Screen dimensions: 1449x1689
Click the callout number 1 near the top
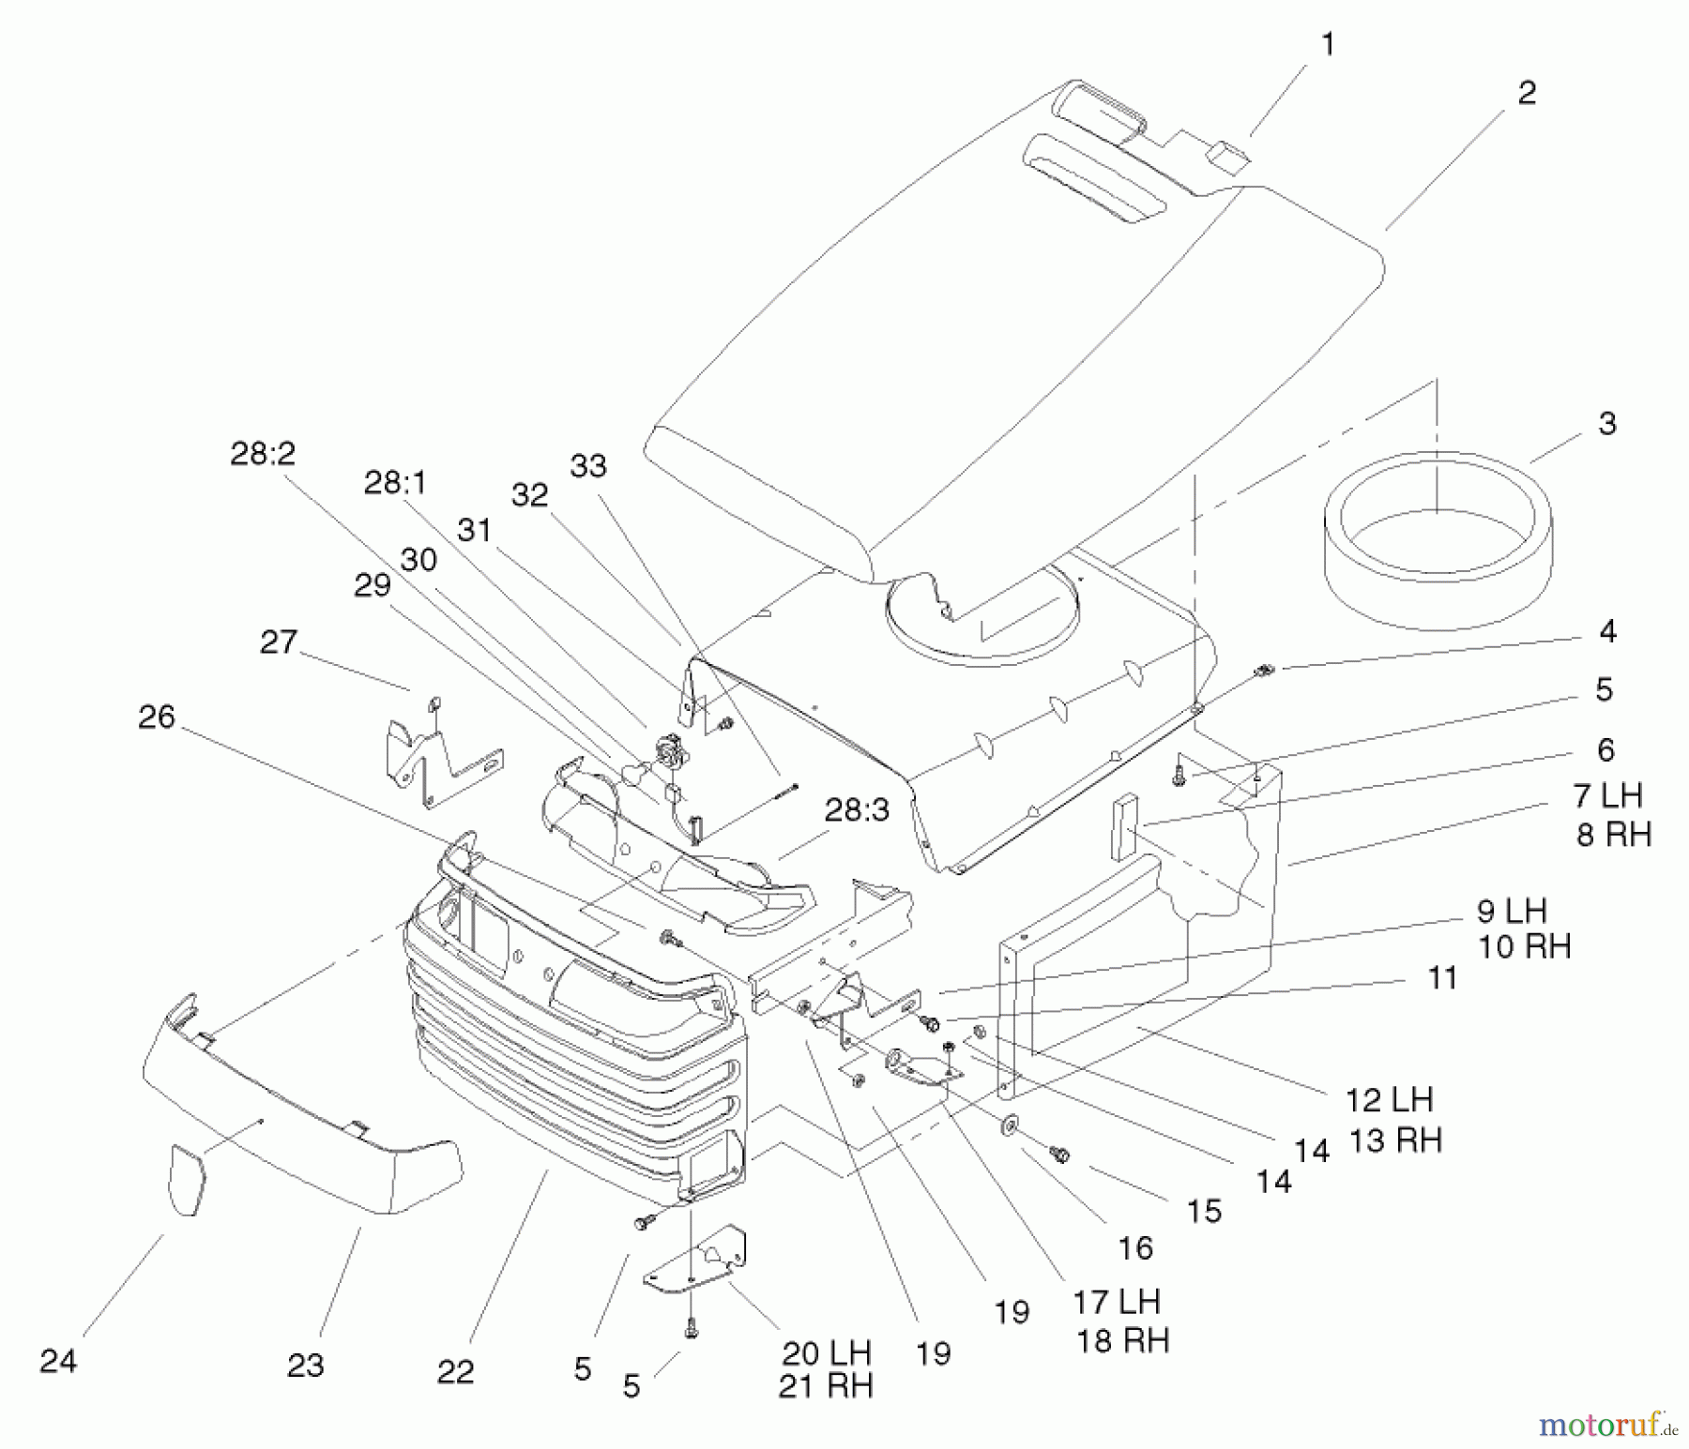pos(1327,45)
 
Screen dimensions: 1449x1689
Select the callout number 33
pos(588,466)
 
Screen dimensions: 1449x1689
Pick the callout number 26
pos(157,717)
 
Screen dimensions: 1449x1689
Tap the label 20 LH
pos(826,1352)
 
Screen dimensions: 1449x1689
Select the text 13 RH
pos(1394,1140)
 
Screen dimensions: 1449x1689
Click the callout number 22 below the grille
pos(455,1372)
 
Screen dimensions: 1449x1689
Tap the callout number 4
pos(1607,631)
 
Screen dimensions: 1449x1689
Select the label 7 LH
pos(1608,796)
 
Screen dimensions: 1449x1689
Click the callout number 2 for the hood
pos(1527,93)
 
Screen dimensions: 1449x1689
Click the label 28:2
pos(263,454)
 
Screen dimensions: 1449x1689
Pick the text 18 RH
pos(1122,1340)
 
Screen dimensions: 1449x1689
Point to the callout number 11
pos(1441,978)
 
